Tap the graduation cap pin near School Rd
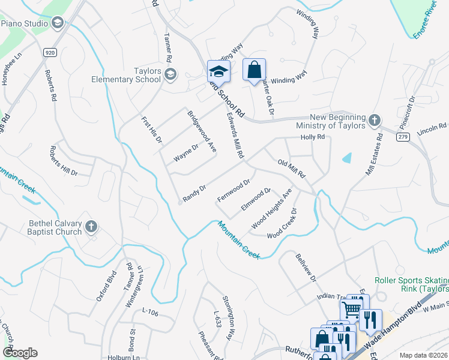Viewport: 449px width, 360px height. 218,72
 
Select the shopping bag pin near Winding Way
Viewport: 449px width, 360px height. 255,70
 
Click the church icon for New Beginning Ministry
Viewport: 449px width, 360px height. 374,119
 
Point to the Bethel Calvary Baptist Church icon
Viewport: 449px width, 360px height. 91,226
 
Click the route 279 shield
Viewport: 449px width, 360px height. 402,137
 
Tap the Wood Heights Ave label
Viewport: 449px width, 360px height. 271,209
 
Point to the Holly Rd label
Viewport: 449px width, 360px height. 313,137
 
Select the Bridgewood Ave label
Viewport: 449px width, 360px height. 202,131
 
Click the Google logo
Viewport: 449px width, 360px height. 20,353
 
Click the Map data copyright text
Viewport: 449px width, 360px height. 424,355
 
